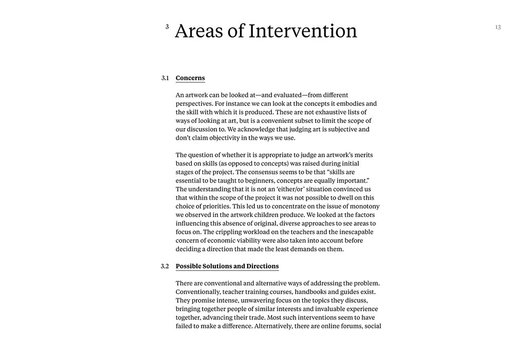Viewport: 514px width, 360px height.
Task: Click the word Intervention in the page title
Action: (303, 31)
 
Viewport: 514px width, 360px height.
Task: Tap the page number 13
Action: (498, 27)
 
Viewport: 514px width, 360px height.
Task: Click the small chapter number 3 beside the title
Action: (167, 26)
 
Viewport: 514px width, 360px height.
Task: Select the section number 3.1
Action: (164, 78)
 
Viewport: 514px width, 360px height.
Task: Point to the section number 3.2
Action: (164, 266)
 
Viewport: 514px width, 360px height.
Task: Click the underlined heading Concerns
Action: (190, 78)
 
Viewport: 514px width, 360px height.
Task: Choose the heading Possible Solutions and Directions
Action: (227, 266)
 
